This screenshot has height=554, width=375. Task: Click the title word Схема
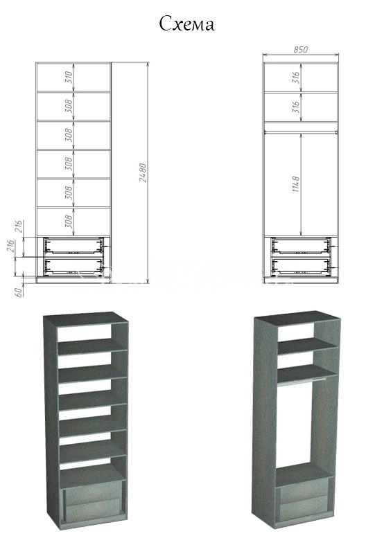click(186, 24)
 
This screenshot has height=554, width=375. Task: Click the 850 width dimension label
click(300, 49)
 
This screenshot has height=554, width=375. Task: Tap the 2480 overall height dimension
click(143, 172)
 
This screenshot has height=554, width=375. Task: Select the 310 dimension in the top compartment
click(69, 77)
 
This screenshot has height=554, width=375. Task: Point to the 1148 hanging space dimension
click(296, 184)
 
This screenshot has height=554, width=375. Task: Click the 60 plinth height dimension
click(19, 292)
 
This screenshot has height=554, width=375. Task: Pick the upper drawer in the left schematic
click(73, 246)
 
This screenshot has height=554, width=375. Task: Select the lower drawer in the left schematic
click(73, 267)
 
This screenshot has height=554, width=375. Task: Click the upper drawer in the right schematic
click(301, 246)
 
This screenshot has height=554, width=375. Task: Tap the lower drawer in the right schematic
click(301, 267)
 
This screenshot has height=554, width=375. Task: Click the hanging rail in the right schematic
click(301, 132)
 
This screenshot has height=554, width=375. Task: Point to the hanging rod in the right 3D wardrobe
click(302, 382)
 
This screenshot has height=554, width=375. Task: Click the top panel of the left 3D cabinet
click(86, 319)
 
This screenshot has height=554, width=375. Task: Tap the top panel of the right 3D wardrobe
click(297, 318)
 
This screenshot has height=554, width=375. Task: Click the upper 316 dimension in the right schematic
click(296, 78)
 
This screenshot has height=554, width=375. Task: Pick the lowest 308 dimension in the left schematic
click(69, 221)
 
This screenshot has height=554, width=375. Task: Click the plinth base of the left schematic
click(73, 280)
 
